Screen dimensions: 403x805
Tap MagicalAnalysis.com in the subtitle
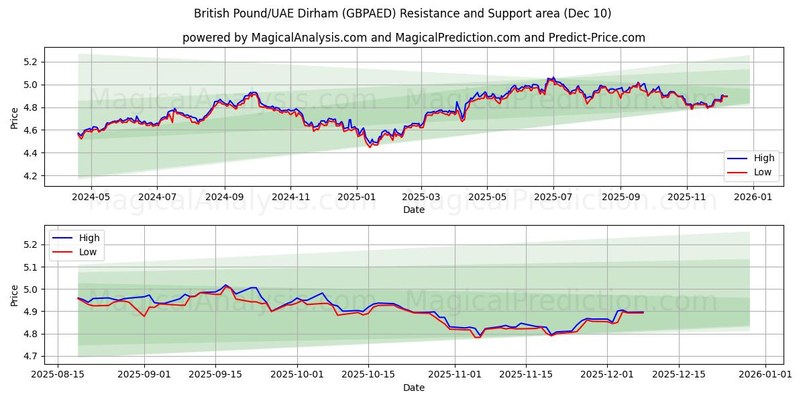(303, 38)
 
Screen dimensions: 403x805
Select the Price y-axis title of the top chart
(14, 119)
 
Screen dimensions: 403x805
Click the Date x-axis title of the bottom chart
(413, 388)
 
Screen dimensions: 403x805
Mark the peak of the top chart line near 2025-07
(553, 77)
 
